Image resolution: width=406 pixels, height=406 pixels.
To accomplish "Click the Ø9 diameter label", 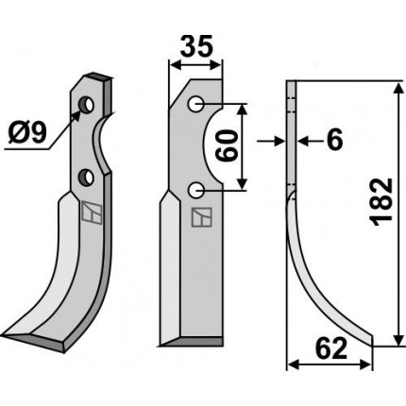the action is (x=27, y=132).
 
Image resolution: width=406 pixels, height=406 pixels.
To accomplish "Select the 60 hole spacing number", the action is (x=227, y=146).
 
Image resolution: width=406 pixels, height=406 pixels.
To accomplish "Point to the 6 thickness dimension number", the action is (x=334, y=140).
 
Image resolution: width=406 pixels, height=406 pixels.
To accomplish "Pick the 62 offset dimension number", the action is (x=331, y=348).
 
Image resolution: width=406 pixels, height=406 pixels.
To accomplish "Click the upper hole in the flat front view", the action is (x=195, y=104).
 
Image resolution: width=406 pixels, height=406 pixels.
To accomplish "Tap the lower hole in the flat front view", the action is (x=195, y=190).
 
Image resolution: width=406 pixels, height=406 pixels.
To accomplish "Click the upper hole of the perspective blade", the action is (x=86, y=105).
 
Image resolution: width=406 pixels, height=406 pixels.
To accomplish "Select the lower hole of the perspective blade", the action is (x=86, y=178).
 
